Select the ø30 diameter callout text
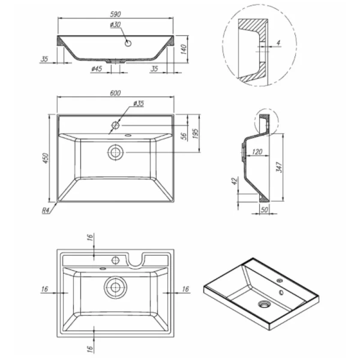pyautogui.click(x=115, y=24)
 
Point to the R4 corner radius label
pyautogui.click(x=46, y=211)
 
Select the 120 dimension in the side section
pyautogui.click(x=256, y=152)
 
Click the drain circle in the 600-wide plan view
pyautogui.click(x=115, y=152)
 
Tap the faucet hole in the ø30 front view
pyautogui.click(x=128, y=43)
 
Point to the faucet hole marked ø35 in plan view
pyautogui.click(x=115, y=126)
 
